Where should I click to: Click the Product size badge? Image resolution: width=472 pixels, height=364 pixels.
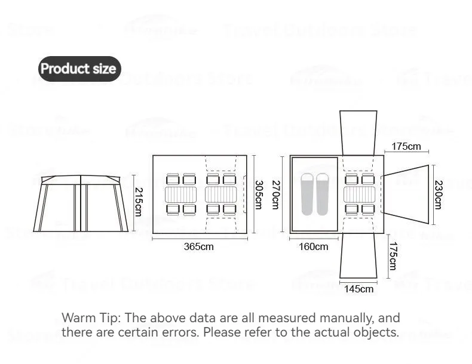[x=78, y=69]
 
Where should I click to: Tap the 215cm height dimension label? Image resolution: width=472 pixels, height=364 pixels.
[x=138, y=202]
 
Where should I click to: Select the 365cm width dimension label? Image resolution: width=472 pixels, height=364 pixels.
[x=198, y=246]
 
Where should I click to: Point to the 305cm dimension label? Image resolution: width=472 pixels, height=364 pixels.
[x=259, y=195]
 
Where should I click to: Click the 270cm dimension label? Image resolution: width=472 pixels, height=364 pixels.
[x=275, y=195]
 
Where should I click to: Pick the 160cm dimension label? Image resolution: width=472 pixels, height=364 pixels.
[x=313, y=246]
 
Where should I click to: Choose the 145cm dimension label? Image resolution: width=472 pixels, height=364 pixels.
[x=358, y=289]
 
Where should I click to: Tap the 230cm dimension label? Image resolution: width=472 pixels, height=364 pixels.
[x=438, y=195]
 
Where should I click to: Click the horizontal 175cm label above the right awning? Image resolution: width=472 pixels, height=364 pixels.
[x=406, y=146]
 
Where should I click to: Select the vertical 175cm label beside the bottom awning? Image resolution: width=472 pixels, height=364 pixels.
[x=392, y=256]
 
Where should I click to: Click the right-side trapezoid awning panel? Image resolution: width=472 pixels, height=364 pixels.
[x=407, y=195]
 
